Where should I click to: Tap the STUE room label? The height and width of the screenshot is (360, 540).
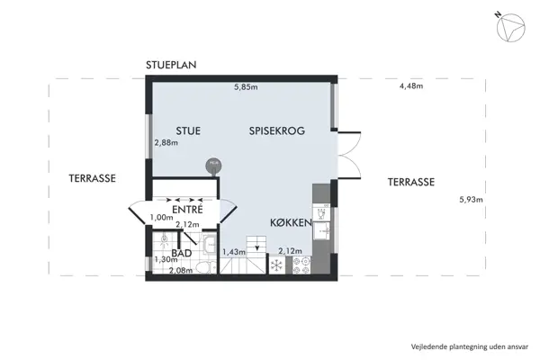pos(187,131)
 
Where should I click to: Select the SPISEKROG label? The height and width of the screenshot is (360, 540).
pos(277,131)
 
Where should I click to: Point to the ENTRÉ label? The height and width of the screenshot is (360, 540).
pos(187,210)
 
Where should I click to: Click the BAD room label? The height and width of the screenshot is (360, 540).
pos(182,255)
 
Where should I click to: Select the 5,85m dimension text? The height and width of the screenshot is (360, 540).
pos(246,87)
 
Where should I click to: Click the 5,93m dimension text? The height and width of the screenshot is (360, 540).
pos(471,199)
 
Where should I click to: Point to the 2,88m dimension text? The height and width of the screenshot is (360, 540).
pos(166,142)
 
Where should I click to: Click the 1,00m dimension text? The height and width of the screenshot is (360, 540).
pos(162,217)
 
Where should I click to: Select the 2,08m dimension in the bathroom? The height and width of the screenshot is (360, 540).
pos(181,269)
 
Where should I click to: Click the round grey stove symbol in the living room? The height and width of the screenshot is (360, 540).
pos(213,164)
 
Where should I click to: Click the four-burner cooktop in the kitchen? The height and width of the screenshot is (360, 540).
pos(301,264)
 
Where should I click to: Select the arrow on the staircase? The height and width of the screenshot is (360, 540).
pos(258,246)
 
